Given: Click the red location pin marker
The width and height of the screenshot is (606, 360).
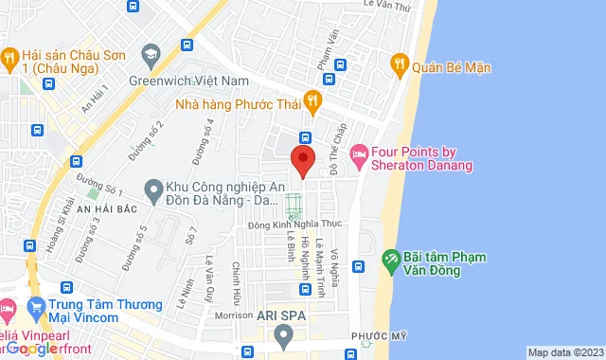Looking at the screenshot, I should [302, 159].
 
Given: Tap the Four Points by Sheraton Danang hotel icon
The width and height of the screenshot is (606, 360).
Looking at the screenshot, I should [359, 153].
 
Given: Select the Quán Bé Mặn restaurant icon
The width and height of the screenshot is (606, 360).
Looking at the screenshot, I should [399, 63].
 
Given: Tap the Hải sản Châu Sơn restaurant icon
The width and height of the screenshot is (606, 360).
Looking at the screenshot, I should [9, 57].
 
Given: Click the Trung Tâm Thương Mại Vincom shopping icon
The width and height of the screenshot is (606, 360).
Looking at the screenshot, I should [37, 307].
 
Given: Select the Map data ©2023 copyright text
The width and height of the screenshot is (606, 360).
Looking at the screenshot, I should [564, 352].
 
